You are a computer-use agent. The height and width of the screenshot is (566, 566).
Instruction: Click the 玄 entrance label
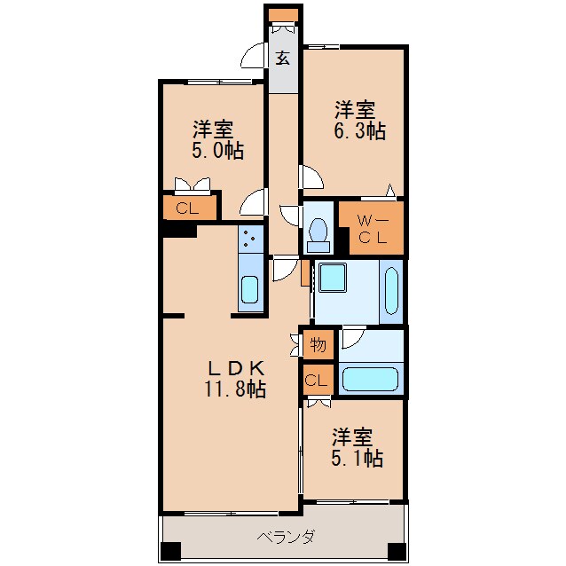point(282,59)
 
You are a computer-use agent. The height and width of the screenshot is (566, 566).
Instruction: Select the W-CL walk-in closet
point(372,227)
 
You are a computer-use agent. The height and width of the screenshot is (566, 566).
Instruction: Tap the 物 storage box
point(318,344)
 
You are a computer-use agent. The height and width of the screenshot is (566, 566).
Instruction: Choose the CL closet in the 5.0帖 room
point(188,209)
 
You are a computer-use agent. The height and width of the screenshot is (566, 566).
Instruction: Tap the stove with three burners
point(250,239)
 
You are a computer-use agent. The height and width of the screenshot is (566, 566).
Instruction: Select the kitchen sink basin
point(250,290)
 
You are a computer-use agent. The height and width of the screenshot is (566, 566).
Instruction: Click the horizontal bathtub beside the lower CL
point(373,379)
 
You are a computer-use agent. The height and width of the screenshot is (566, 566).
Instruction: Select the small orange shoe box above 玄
point(283,15)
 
